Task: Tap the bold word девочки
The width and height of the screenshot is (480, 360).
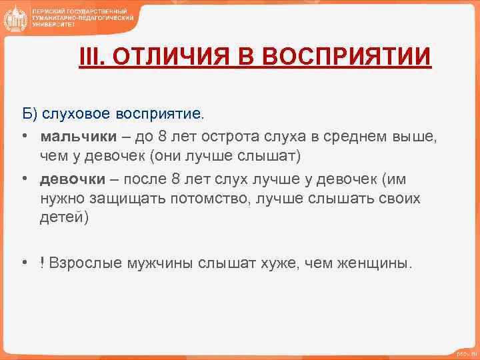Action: tap(72, 179)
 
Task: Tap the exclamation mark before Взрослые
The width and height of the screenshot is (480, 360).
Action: tap(41, 263)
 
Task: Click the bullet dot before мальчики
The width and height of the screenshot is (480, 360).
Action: tap(23, 138)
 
